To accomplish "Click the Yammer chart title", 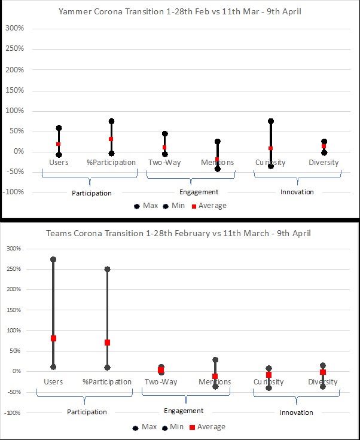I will [180, 11].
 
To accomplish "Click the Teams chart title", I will [178, 233].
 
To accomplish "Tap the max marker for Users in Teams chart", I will [53, 259].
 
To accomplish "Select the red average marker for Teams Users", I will [53, 338].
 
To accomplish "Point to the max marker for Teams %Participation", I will [107, 269].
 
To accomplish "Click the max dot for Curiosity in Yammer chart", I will [271, 121].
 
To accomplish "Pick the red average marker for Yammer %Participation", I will [111, 139].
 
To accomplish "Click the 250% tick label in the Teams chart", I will [14, 270].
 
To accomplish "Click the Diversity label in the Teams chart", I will [323, 382].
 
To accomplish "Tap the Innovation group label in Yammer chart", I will [297, 192].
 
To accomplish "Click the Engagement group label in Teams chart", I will [183, 411].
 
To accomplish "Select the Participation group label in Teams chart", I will [87, 412].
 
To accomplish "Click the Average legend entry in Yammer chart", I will [212, 206].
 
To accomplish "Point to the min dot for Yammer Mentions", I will [217, 169].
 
